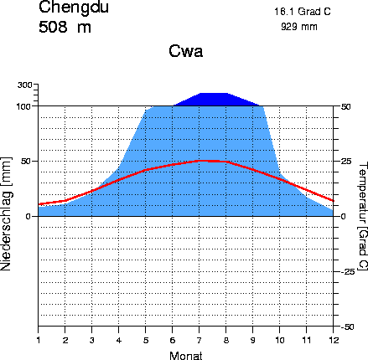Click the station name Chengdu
click(x=73, y=8)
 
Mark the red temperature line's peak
click(x=205, y=160)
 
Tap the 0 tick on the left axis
click(x=29, y=216)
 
